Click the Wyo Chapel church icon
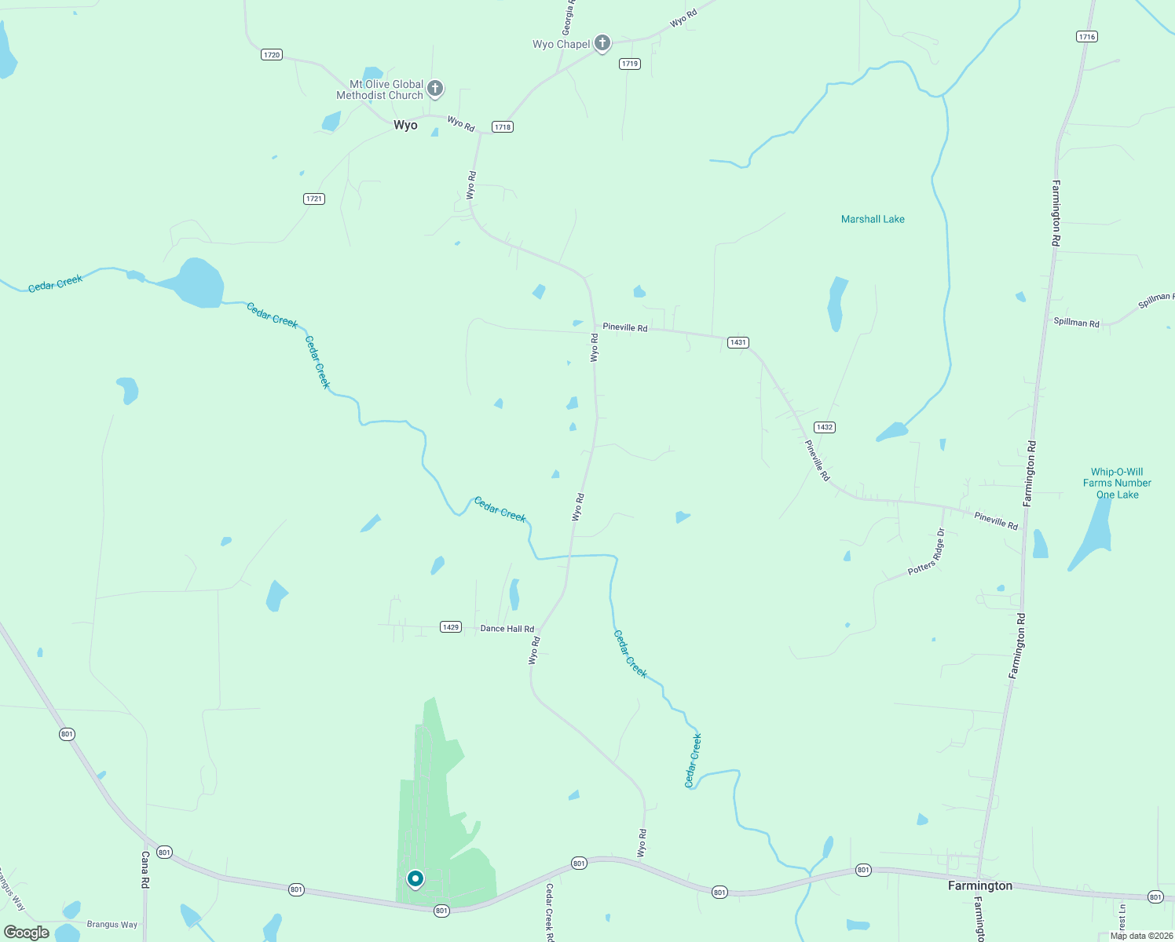click(602, 43)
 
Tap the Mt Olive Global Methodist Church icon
click(435, 89)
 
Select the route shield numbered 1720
click(272, 55)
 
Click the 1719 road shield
click(629, 64)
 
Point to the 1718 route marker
click(503, 126)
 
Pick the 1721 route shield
click(314, 199)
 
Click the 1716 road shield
click(1087, 37)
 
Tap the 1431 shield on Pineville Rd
click(738, 342)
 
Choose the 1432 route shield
click(824, 427)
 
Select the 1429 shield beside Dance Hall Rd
click(451, 627)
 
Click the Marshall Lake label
click(873, 219)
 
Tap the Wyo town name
click(405, 126)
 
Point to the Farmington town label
click(980, 885)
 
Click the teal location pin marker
click(415, 878)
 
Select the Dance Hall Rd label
click(507, 629)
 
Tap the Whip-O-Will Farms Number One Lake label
click(1117, 483)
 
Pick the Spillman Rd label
click(1076, 322)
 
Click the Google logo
click(27, 933)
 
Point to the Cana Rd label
click(145, 870)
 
